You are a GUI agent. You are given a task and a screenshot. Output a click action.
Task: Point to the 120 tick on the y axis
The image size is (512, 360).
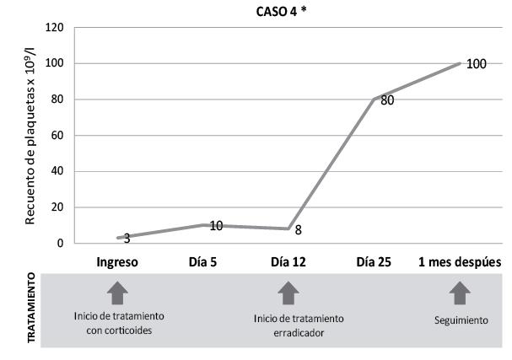pyautogui.click(x=55, y=28)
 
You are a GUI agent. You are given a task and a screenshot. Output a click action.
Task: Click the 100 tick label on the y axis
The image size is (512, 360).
pyautogui.click(x=55, y=64)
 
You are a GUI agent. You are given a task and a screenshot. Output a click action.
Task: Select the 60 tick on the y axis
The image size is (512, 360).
pyautogui.click(x=58, y=136)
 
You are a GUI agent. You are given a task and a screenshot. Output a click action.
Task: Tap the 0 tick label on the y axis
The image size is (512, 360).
pyautogui.click(x=62, y=244)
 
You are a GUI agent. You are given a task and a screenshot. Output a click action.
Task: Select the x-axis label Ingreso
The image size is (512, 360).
pyautogui.click(x=117, y=262)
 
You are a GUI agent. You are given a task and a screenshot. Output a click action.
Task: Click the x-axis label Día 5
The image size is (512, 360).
pyautogui.click(x=202, y=262)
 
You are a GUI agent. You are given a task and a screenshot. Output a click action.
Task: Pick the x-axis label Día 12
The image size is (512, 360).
pyautogui.click(x=288, y=262)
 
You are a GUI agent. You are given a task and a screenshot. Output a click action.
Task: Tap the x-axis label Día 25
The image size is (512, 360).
pyautogui.click(x=375, y=262)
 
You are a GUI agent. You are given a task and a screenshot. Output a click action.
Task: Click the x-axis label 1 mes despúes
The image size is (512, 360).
pyautogui.click(x=460, y=262)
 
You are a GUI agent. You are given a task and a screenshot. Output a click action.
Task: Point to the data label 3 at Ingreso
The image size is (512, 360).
pyautogui.click(x=127, y=239)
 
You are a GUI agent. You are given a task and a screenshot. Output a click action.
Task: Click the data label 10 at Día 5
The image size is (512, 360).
pyautogui.click(x=215, y=226)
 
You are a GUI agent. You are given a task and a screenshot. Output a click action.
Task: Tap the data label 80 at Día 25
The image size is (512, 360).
pyautogui.click(x=387, y=99)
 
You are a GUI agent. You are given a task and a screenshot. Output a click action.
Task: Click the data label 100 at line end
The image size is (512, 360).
pyautogui.click(x=476, y=64)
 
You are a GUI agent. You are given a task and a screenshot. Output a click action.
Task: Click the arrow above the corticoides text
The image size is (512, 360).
pyautogui.click(x=117, y=293)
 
